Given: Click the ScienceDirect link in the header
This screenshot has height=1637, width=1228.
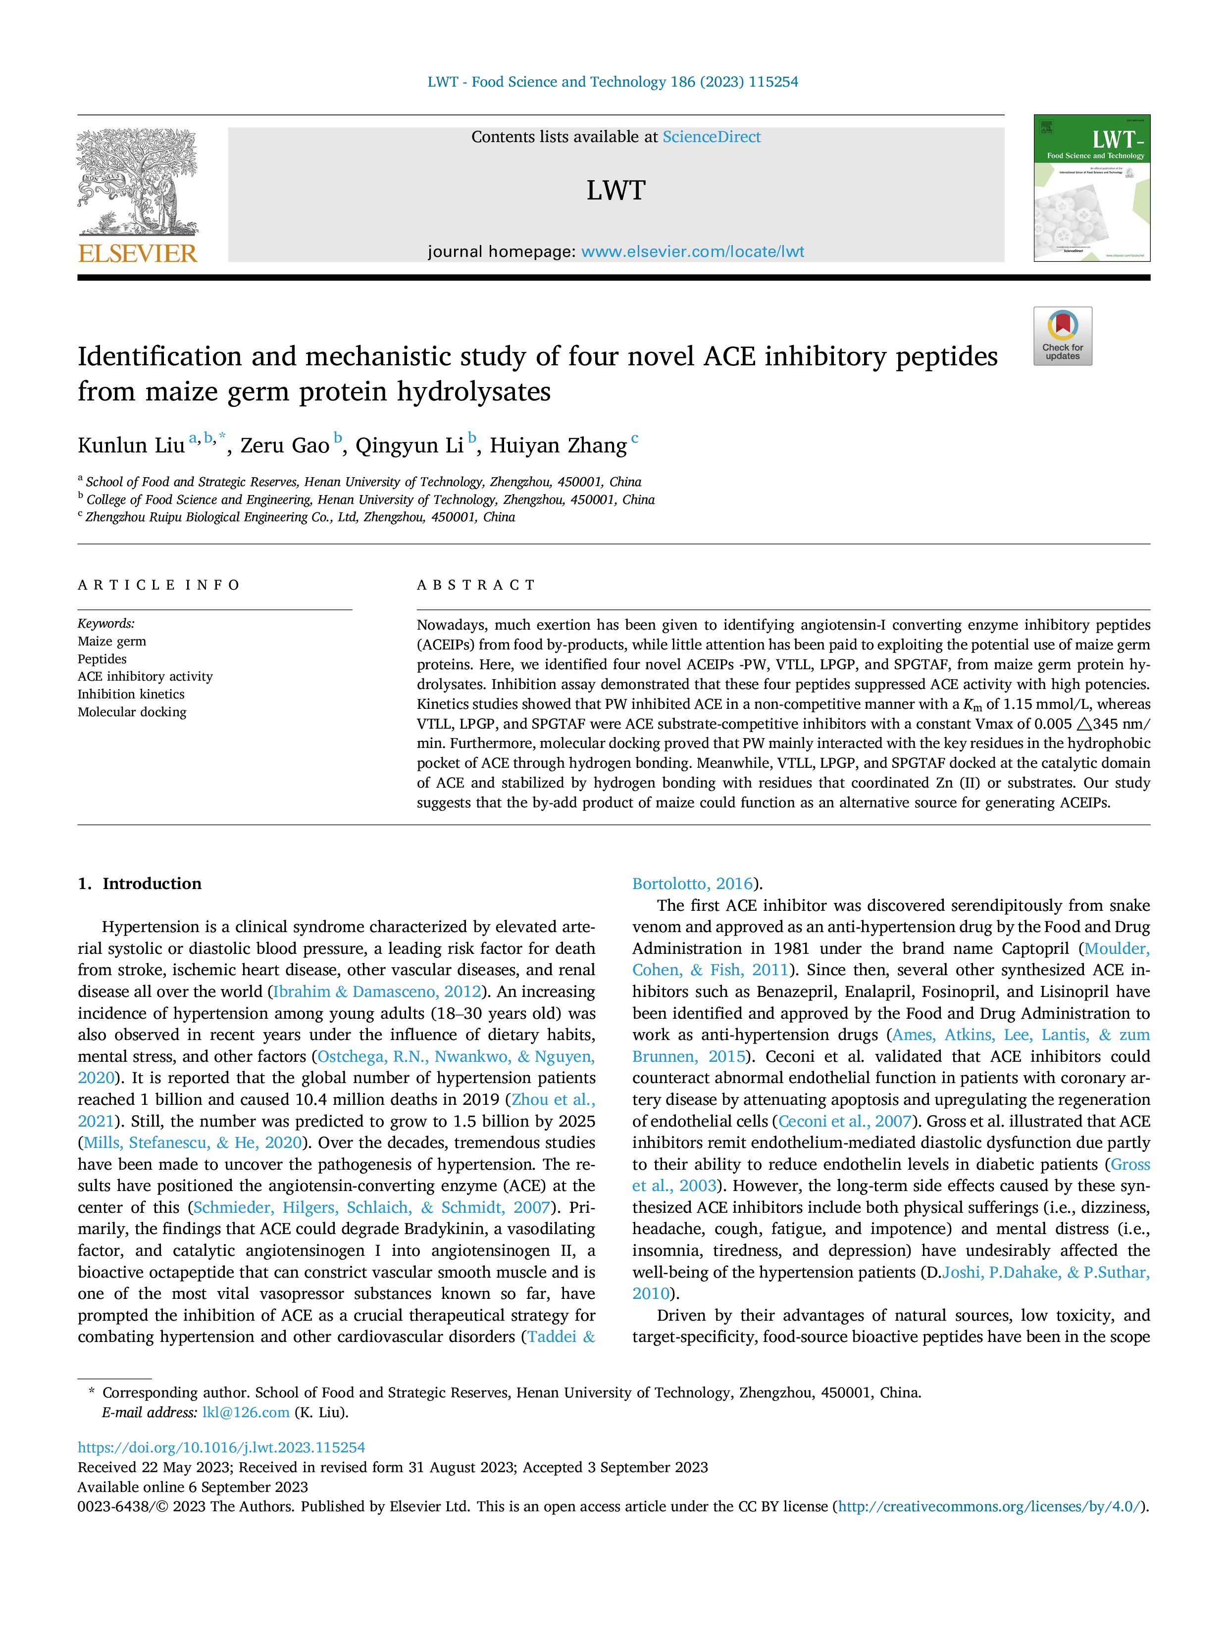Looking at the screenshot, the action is [x=712, y=137].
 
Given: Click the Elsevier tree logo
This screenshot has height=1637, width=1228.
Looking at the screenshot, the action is [x=138, y=182].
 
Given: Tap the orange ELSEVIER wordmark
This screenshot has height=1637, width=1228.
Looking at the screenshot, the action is [x=138, y=254].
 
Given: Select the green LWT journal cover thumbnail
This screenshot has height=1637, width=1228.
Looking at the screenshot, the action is [x=1092, y=188].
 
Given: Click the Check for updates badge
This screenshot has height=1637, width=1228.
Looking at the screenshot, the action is [x=1062, y=336].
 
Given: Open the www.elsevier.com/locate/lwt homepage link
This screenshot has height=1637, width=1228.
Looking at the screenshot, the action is [x=693, y=251].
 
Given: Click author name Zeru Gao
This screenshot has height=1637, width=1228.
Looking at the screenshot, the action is [x=285, y=446].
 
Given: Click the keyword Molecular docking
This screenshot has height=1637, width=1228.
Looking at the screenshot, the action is [x=132, y=712].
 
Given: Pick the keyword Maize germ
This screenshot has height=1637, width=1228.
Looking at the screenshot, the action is [x=112, y=641].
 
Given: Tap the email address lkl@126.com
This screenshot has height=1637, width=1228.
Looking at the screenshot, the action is [x=246, y=1412].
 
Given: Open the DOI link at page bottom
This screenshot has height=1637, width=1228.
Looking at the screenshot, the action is [x=221, y=1447].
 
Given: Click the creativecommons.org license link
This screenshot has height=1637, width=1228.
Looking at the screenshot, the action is [x=991, y=1506].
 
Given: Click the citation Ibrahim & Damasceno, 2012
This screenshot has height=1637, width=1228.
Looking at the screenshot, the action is [x=377, y=992].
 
